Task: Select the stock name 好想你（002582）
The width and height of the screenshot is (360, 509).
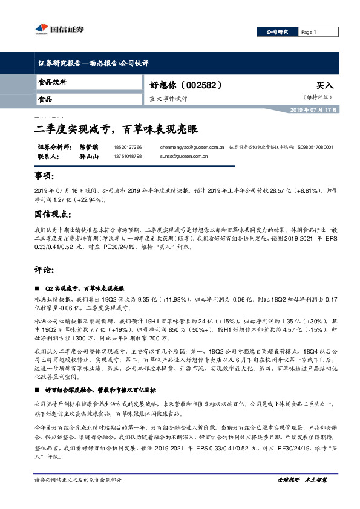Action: pyautogui.click(x=182, y=85)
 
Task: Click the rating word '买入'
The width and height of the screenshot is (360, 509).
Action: pyautogui.click(x=325, y=86)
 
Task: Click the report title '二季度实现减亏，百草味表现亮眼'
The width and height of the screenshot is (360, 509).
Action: pyautogui.click(x=115, y=129)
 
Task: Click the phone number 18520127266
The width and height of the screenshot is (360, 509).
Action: pyautogui.click(x=128, y=148)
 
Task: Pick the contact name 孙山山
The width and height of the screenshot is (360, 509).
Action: pyautogui.click(x=88, y=156)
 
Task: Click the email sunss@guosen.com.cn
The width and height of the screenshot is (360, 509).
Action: pyautogui.click(x=185, y=156)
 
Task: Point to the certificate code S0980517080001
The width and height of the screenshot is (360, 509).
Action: pyautogui.click(x=315, y=148)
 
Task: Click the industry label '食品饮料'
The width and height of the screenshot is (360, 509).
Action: pyautogui.click(x=52, y=82)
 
